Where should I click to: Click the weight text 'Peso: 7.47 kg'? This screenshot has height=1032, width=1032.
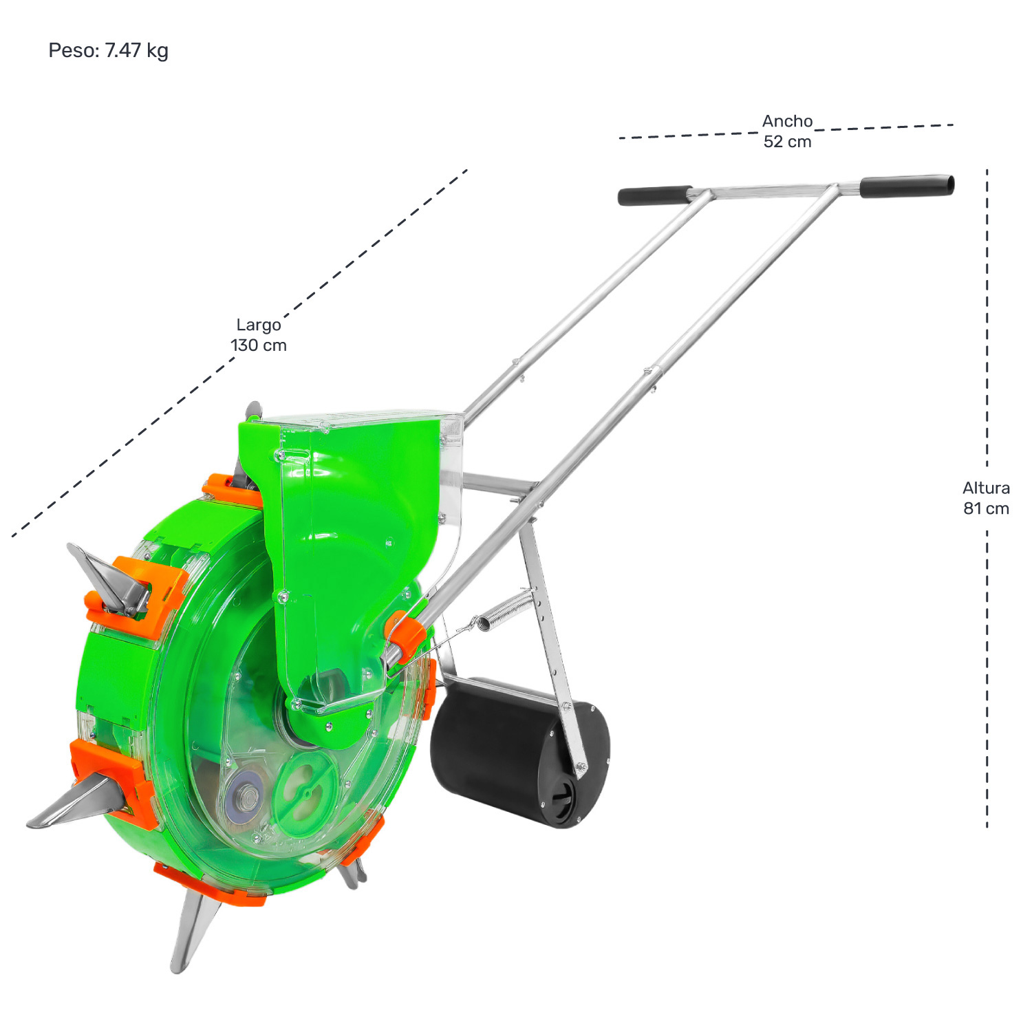(108, 51)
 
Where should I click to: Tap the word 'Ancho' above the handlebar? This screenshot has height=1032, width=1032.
(787, 121)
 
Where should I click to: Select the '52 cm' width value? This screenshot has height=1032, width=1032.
(787, 142)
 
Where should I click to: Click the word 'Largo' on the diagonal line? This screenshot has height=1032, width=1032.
(259, 325)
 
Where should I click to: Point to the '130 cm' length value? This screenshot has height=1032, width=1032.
(259, 345)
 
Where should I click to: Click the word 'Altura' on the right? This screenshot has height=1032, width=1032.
(986, 488)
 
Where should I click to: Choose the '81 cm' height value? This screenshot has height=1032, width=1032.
(986, 508)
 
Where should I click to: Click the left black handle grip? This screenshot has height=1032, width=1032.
(655, 195)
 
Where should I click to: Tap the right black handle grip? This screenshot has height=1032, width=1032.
(907, 186)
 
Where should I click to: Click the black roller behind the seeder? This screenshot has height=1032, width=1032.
(520, 751)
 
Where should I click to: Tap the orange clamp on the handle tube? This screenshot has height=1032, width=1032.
(405, 633)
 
